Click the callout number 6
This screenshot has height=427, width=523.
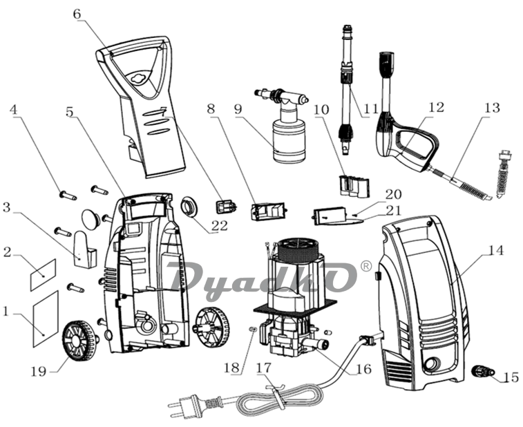(x=77, y=15)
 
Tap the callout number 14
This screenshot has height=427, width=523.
(x=496, y=251)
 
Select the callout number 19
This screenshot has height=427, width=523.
(x=39, y=371)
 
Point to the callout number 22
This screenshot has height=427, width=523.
(x=219, y=225)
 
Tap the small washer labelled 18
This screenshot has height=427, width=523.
(x=253, y=330)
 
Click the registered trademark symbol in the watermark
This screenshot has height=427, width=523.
(x=367, y=266)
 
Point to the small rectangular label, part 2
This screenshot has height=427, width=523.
(x=43, y=274)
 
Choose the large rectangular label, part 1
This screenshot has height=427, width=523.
(x=46, y=319)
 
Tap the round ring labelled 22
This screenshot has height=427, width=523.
(x=189, y=207)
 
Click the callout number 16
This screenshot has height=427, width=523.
(x=364, y=369)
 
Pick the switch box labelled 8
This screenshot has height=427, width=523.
(x=269, y=212)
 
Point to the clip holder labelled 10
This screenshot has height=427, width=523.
(x=354, y=185)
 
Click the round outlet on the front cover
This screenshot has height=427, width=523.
(x=432, y=364)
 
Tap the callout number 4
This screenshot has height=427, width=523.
(x=14, y=109)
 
